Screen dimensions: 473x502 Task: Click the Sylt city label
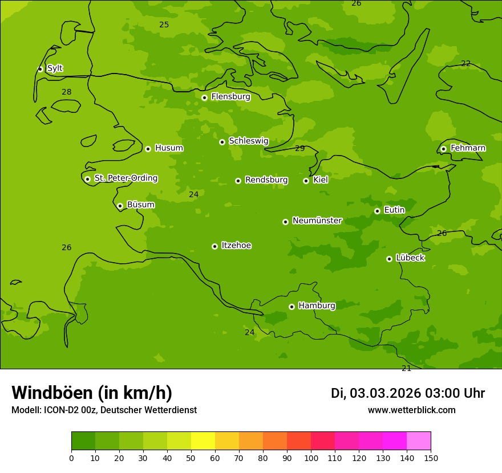point(55,68)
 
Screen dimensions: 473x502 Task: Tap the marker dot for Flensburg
point(204,97)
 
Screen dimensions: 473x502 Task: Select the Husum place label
point(169,148)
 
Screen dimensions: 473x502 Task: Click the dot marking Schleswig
point(222,142)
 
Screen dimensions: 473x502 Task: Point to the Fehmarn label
point(468,148)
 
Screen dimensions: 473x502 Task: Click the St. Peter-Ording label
point(125,178)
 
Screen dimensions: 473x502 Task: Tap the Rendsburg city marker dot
point(238,181)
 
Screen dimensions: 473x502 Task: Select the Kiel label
point(320,180)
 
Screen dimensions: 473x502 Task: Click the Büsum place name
point(140,205)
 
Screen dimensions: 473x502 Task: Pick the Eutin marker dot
point(377,211)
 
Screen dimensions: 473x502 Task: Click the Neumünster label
point(317,221)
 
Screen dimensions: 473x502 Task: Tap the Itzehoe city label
point(236,246)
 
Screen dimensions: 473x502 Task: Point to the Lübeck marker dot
point(389,259)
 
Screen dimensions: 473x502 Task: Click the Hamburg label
point(317,306)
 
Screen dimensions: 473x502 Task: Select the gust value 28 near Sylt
point(67,92)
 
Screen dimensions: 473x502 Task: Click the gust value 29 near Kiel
point(299,149)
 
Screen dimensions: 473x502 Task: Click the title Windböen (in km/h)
point(92,393)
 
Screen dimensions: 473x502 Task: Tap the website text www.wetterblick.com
point(411,410)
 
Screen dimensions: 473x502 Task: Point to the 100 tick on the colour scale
point(311,458)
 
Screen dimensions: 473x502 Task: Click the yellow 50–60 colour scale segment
point(203,441)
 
